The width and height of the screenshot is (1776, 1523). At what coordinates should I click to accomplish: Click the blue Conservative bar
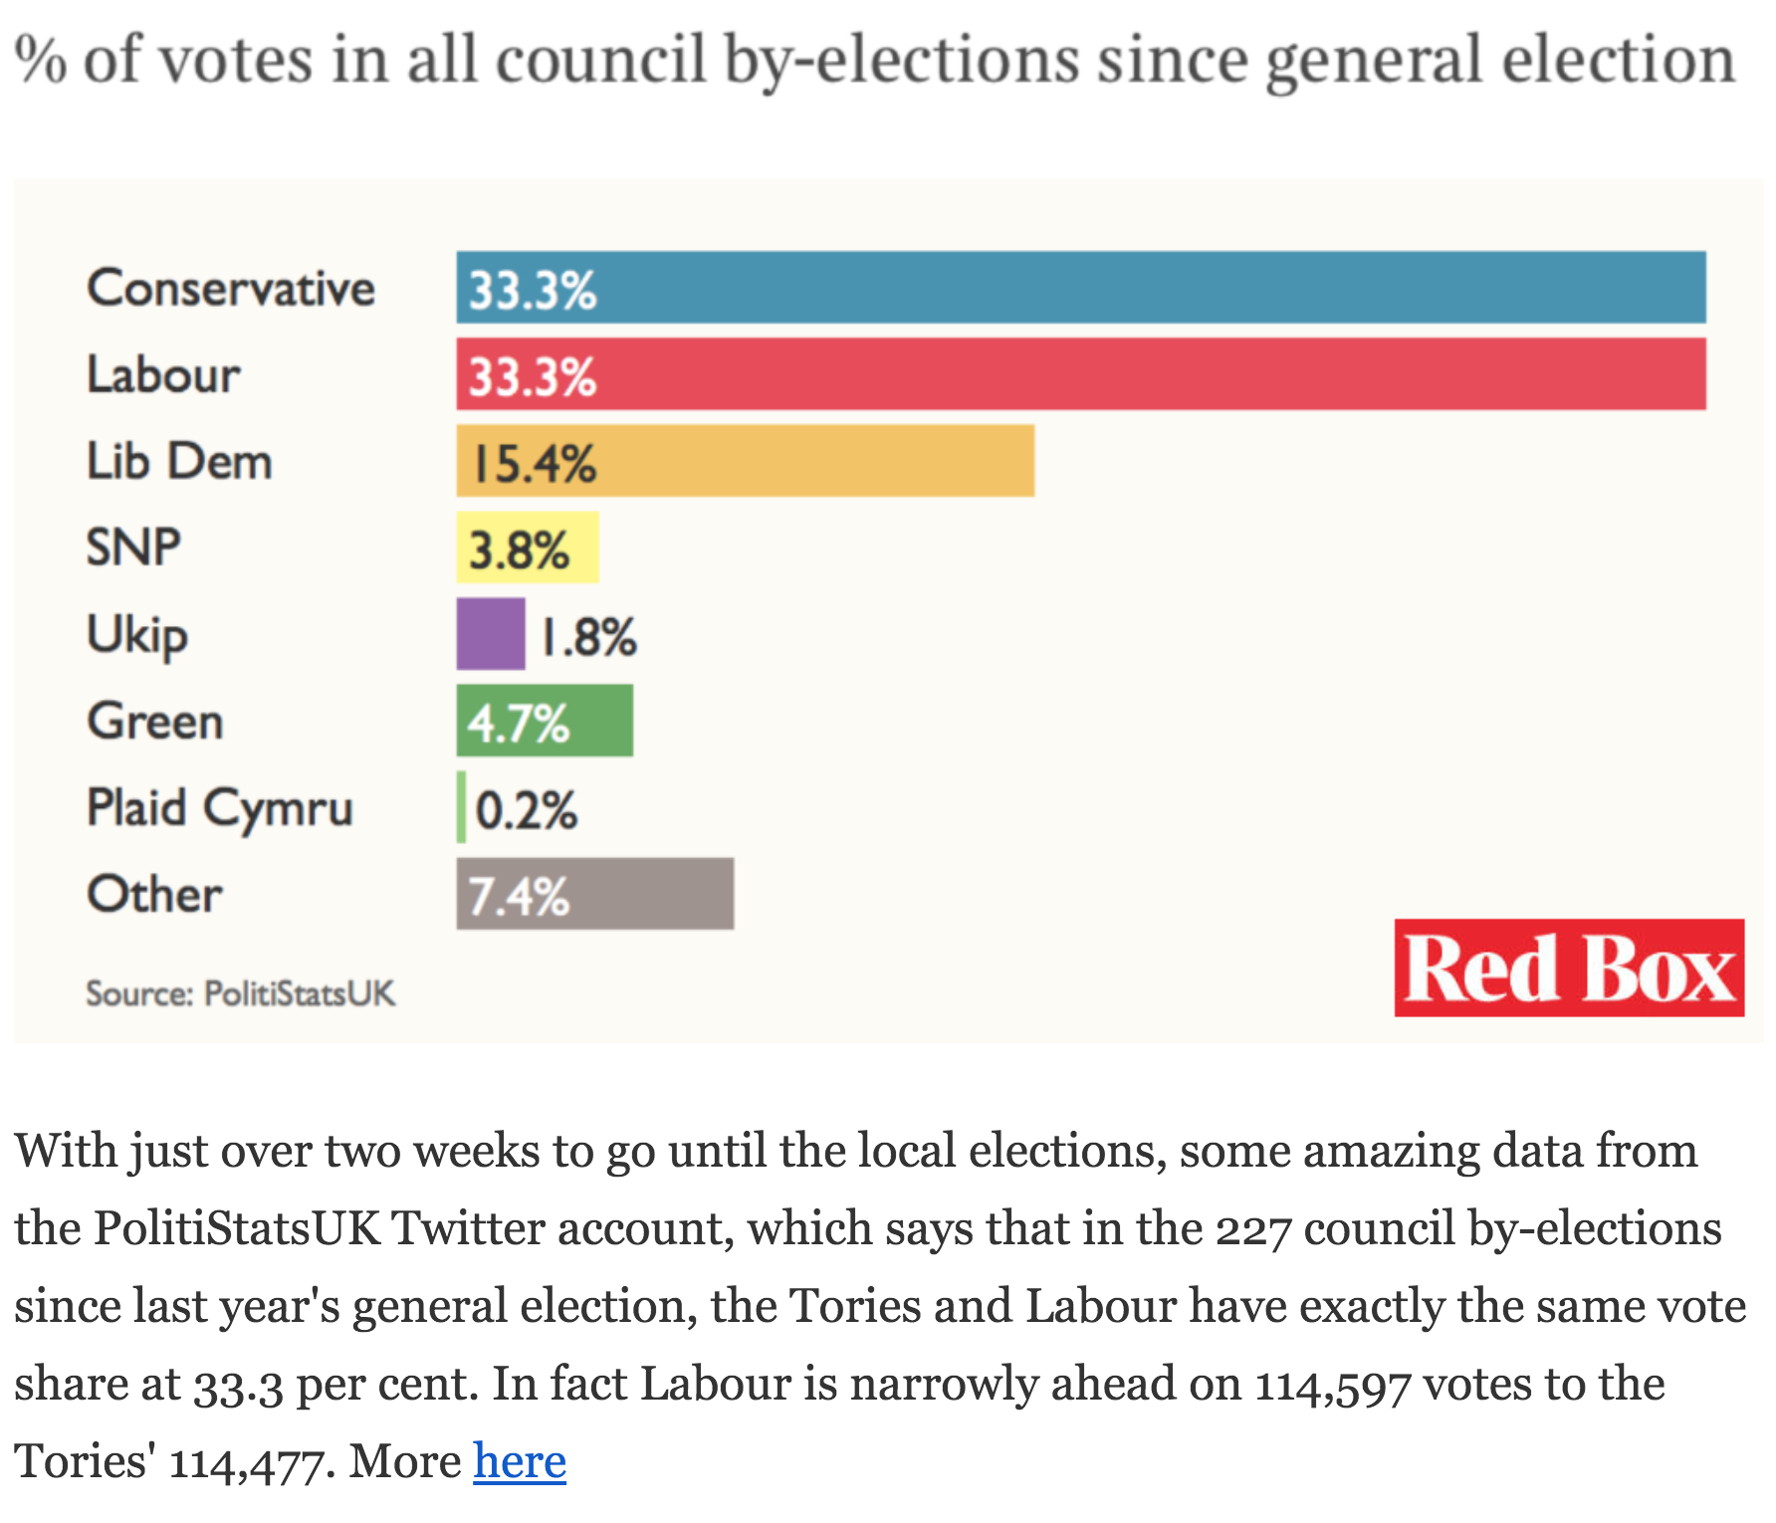click(x=1080, y=288)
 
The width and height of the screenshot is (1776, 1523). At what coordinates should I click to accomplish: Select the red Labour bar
click(x=1080, y=374)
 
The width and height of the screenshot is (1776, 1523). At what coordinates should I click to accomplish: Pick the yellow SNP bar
click(x=528, y=547)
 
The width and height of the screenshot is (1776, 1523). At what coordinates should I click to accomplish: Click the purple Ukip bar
click(x=491, y=634)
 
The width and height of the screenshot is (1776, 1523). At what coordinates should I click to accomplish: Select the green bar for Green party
click(x=545, y=721)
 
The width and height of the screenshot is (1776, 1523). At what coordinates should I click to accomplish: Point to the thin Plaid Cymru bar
click(x=461, y=807)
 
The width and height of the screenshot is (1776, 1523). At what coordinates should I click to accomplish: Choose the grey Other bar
click(x=594, y=894)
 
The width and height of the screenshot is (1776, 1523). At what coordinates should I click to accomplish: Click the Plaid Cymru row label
click(x=220, y=808)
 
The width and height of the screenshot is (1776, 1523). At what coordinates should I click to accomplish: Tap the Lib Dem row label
click(x=179, y=462)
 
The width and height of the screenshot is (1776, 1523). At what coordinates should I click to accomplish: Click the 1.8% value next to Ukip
click(x=588, y=637)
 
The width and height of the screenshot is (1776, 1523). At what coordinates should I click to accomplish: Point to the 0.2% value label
click(x=526, y=810)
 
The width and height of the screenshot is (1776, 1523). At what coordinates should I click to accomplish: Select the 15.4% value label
click(x=534, y=464)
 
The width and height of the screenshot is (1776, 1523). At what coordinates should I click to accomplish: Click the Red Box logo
click(x=1569, y=968)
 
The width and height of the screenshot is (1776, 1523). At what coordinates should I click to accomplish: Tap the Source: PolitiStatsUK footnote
click(x=240, y=993)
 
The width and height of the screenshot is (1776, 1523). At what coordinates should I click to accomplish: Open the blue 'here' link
click(x=520, y=1461)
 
